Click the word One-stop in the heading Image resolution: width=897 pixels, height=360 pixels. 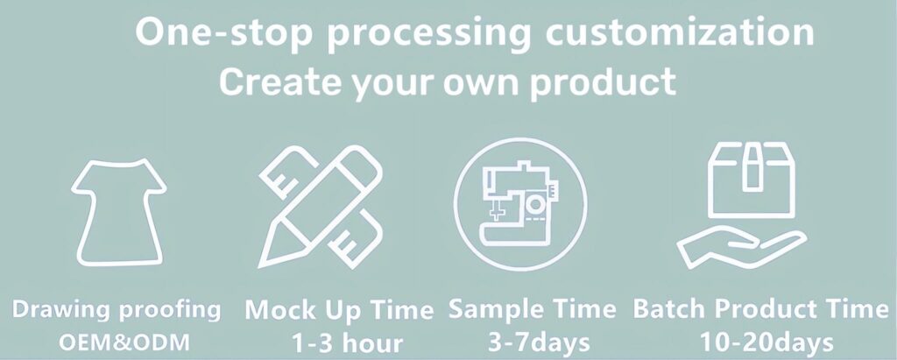coord(223,33)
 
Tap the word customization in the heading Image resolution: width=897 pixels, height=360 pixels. coord(679,32)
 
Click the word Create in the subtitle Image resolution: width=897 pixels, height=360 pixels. coord(280,81)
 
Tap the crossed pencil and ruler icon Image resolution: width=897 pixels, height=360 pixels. coord(321,207)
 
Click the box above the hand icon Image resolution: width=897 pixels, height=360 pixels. coord(751,180)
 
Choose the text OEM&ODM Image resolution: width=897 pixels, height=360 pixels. coord(124,342)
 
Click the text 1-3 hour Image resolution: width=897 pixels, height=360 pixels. coord(347,343)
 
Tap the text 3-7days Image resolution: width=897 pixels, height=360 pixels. coord(539,342)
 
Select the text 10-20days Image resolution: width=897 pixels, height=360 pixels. coord(766,342)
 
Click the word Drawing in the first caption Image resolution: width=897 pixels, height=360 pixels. coord(61,310)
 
